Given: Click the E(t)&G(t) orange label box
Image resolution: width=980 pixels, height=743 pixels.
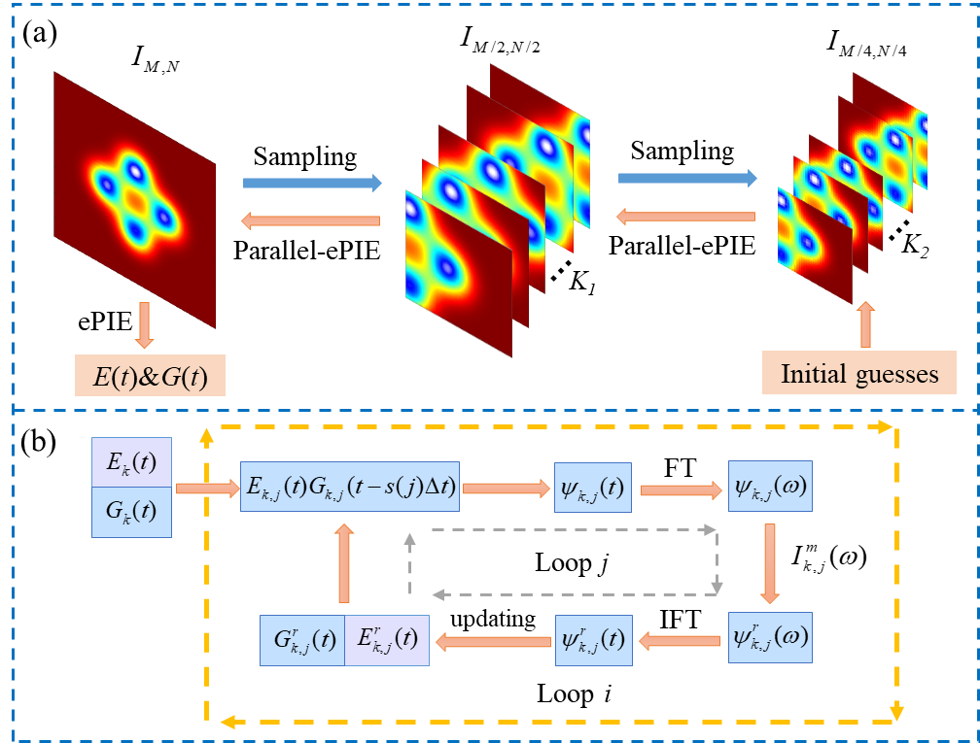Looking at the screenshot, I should (150, 376).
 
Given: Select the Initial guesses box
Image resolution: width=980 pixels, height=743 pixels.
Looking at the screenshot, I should (859, 374).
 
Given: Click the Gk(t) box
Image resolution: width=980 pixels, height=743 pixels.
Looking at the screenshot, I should (131, 512).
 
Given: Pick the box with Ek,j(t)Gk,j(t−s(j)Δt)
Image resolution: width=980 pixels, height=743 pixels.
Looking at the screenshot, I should (350, 489).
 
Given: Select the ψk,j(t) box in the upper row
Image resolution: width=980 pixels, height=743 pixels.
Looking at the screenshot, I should (593, 489).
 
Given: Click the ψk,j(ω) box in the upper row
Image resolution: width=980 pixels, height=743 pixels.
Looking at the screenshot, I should (769, 489).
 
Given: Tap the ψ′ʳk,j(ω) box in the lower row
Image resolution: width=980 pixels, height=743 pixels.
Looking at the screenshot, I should (769, 639).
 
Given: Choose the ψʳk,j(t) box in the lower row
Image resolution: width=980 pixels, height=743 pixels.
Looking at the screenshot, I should (593, 640).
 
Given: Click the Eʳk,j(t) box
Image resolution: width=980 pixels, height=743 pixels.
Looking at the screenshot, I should (387, 640).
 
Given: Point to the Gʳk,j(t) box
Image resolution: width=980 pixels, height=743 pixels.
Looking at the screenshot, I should (301, 640).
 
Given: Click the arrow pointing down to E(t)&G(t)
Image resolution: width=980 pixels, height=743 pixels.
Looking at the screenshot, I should (145, 324).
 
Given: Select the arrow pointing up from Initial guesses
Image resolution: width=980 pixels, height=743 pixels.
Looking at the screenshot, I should (865, 324).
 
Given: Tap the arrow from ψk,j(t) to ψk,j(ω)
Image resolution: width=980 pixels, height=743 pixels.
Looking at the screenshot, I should (681, 490).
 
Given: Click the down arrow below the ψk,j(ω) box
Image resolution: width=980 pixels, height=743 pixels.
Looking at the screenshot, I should (770, 563).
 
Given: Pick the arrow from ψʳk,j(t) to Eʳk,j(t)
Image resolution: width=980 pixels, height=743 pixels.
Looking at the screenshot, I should (496, 641).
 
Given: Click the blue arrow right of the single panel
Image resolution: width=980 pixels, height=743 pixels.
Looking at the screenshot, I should (312, 183).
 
